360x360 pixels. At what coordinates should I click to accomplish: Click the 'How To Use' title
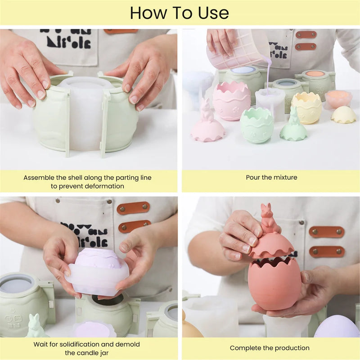(x=180, y=13)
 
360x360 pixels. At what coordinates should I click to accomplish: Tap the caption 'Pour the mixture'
(x=271, y=177)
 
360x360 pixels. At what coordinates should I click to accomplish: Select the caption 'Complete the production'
(x=270, y=348)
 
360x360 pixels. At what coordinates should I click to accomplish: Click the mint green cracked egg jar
(x=256, y=126)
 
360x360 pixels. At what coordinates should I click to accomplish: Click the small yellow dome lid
(x=343, y=115)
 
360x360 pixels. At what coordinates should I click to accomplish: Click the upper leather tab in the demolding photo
(x=133, y=208)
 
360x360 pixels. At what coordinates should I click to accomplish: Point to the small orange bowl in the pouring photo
(x=338, y=99)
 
